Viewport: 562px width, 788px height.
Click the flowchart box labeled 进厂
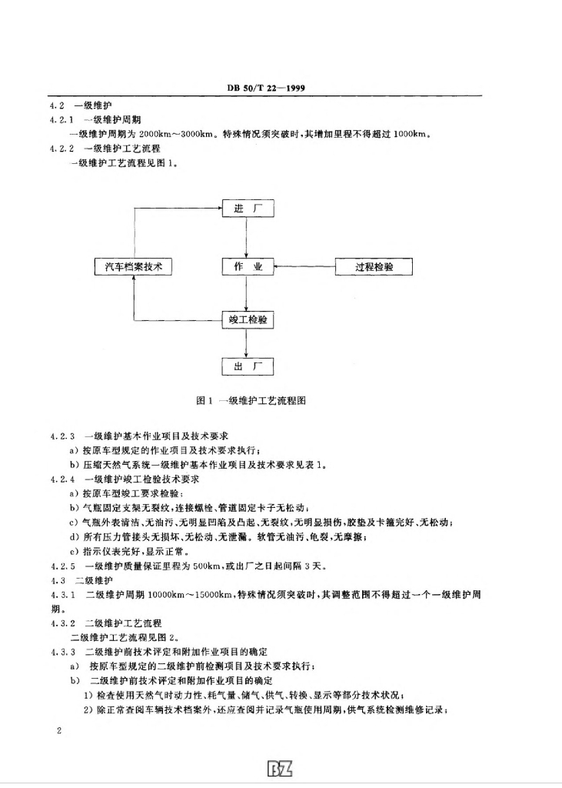(x=248, y=209)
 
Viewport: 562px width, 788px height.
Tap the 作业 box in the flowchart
(x=248, y=267)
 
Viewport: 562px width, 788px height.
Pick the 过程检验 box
(x=374, y=267)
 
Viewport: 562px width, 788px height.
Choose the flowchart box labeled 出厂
(x=248, y=366)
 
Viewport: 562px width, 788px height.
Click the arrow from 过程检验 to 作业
(x=305, y=267)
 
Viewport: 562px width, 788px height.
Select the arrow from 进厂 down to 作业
(x=247, y=238)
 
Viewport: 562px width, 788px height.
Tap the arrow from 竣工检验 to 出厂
(x=247, y=342)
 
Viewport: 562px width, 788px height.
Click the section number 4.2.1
(x=61, y=119)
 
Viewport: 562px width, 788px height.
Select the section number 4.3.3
(x=61, y=651)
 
